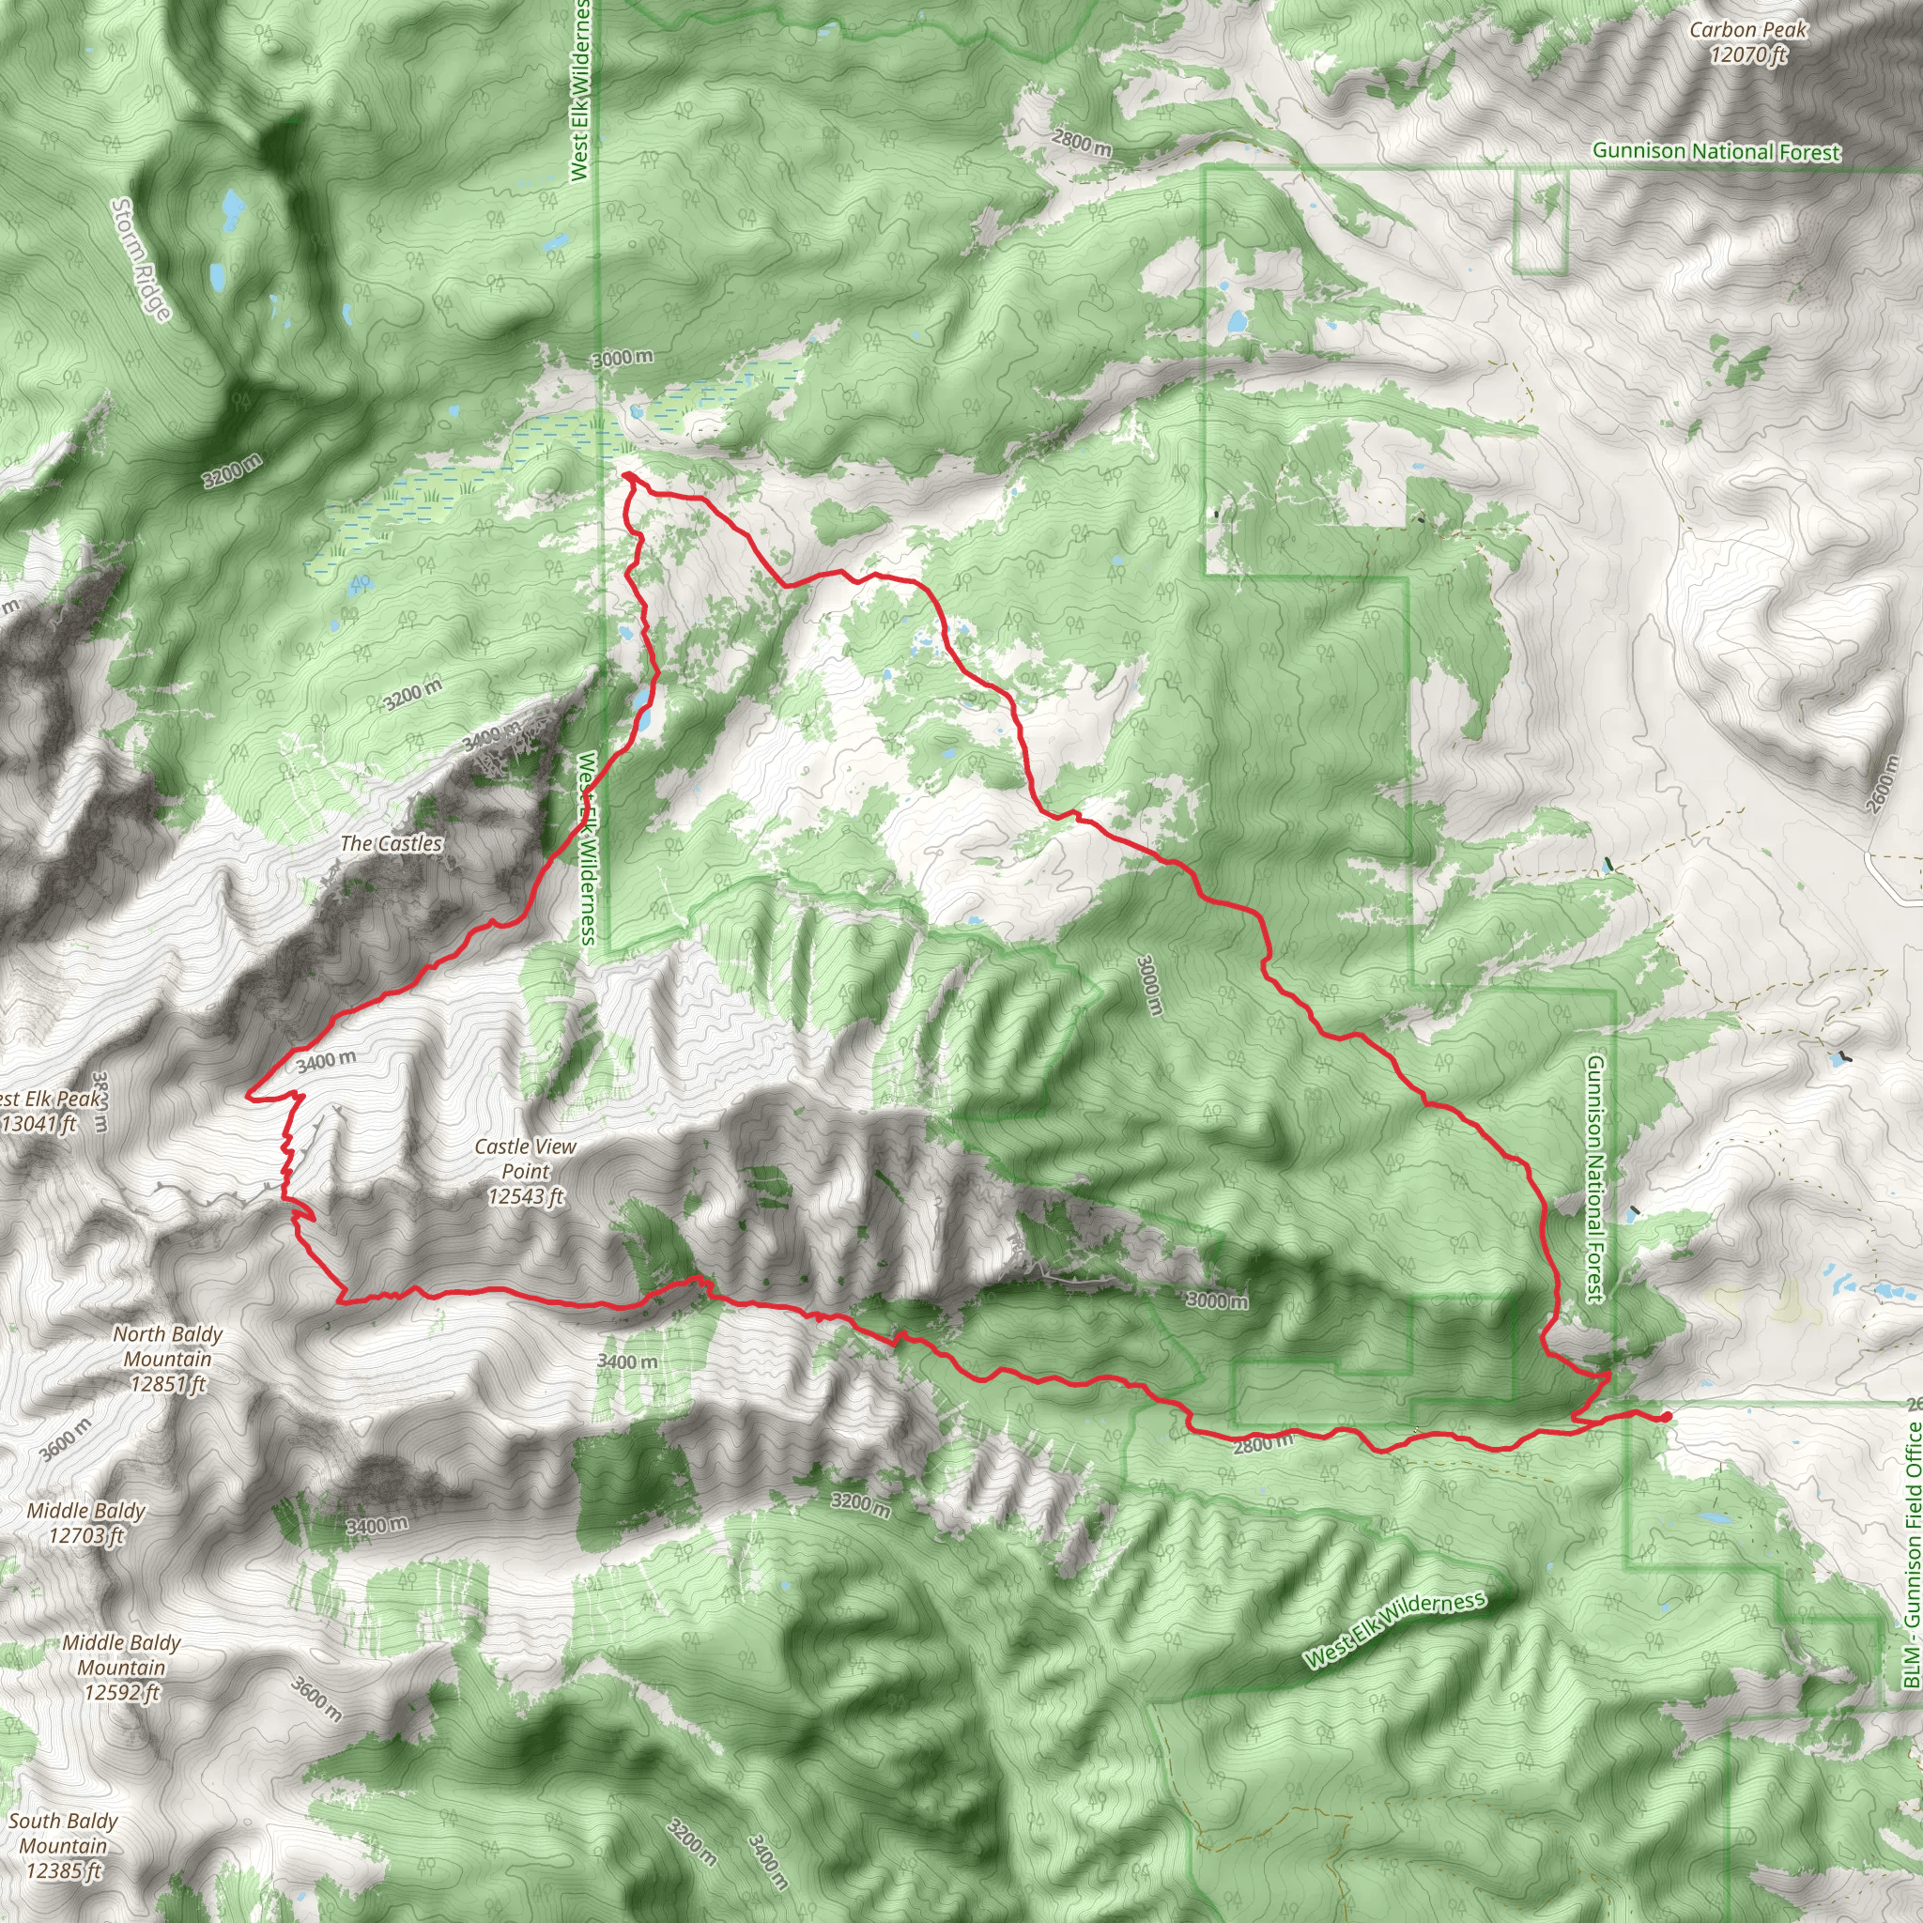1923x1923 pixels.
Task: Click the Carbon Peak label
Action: click(x=1747, y=30)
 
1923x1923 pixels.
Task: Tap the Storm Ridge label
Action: click(x=142, y=260)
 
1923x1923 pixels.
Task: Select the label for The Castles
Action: click(x=392, y=844)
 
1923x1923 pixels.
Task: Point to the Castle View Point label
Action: click(x=526, y=1171)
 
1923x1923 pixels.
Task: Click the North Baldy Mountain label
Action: click(x=167, y=1359)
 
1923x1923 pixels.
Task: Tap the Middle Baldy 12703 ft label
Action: click(x=86, y=1522)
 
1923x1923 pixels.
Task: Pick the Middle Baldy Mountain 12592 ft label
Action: click(x=121, y=1668)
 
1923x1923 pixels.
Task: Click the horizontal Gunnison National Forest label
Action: click(x=1716, y=151)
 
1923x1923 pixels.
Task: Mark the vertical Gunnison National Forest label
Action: click(x=1595, y=1178)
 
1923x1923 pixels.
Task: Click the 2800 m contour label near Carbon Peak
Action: click(x=1082, y=144)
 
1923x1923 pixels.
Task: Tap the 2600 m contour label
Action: click(x=1885, y=784)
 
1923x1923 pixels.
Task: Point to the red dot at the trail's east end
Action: click(x=1667, y=1416)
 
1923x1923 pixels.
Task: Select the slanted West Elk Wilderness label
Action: click(x=1394, y=1628)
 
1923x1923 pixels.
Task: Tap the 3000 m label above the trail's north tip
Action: click(x=623, y=359)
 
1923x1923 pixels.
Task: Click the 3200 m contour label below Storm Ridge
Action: click(x=233, y=470)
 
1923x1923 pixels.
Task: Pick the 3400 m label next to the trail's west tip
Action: click(x=326, y=1062)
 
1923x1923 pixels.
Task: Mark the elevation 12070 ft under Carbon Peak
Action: click(x=1747, y=54)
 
